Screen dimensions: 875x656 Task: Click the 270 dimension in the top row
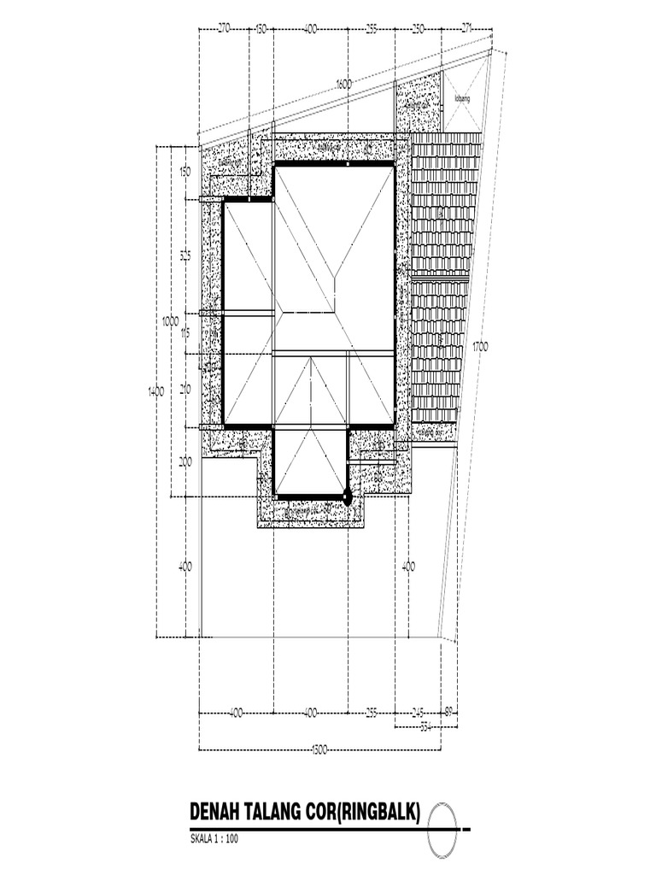coord(224,29)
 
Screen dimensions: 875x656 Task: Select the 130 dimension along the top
coord(261,29)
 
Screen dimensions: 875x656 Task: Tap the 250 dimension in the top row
coord(418,29)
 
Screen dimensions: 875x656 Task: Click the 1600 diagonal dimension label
coord(343,84)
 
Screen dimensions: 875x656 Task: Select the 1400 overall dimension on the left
coord(155,391)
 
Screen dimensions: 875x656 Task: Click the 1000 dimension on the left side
coord(170,320)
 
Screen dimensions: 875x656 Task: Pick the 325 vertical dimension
coord(184,255)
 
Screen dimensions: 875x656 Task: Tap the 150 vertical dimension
coord(184,172)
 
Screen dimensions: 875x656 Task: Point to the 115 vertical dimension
coord(184,333)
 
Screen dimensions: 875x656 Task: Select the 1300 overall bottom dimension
coord(319,750)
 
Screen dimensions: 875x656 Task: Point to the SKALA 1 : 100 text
coord(214,838)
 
